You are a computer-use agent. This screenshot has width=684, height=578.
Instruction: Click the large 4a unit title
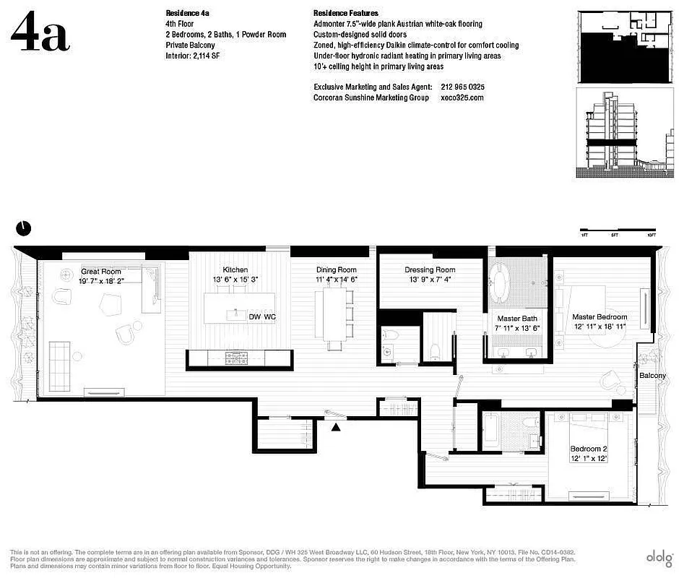click(x=40, y=33)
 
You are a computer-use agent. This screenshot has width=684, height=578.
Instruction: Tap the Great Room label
click(x=100, y=272)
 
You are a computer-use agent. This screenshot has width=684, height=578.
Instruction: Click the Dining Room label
click(x=336, y=269)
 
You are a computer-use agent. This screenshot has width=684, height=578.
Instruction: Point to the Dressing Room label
click(x=430, y=269)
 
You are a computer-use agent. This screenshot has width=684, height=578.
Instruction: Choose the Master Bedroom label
click(x=599, y=316)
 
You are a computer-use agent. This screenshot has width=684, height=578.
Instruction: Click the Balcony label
click(x=652, y=376)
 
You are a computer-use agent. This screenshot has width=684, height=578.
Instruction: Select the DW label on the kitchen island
click(x=254, y=316)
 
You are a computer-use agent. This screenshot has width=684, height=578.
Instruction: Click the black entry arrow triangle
click(x=336, y=428)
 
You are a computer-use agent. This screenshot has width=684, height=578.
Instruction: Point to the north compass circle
click(x=24, y=228)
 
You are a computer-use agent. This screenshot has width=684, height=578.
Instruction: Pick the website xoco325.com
click(x=462, y=98)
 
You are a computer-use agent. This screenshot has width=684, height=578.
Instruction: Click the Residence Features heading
click(x=345, y=13)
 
